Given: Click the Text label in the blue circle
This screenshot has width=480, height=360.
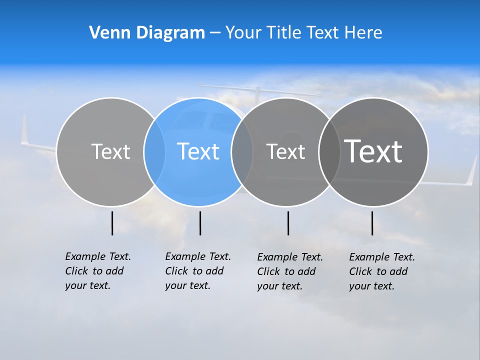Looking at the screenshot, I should click(x=198, y=151).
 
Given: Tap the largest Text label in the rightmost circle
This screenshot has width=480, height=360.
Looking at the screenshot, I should click(x=373, y=151).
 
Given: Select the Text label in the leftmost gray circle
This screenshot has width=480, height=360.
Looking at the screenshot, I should click(x=110, y=151).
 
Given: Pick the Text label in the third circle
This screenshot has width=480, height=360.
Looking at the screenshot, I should click(x=285, y=151).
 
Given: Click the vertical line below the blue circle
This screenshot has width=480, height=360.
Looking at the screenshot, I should click(x=200, y=223).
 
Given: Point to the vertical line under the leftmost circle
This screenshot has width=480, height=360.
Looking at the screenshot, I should click(x=112, y=223).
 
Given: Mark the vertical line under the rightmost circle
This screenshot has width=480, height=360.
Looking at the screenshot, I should click(x=372, y=223).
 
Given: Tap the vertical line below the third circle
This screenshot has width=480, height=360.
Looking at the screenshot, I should click(x=288, y=223).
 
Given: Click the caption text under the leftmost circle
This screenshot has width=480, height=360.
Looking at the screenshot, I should click(x=97, y=271).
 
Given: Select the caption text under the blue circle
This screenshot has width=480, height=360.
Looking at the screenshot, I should click(x=197, y=271).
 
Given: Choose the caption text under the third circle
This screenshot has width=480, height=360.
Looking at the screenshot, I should click(x=290, y=271).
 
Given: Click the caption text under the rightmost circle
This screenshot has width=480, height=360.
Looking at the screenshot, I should click(x=382, y=271).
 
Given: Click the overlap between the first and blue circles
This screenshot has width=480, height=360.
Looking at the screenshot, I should click(x=154, y=152).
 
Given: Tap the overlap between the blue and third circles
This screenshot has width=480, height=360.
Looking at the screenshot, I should click(x=242, y=152).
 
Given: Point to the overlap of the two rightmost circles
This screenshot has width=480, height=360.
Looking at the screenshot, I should click(x=329, y=152).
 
